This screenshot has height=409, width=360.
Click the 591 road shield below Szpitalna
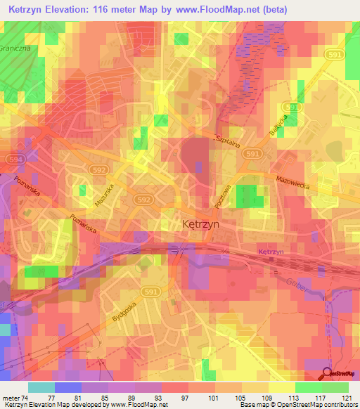tap(254, 153)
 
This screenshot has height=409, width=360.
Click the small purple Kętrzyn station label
tap(271, 252)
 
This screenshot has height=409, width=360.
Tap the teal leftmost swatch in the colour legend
tap(41, 387)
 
